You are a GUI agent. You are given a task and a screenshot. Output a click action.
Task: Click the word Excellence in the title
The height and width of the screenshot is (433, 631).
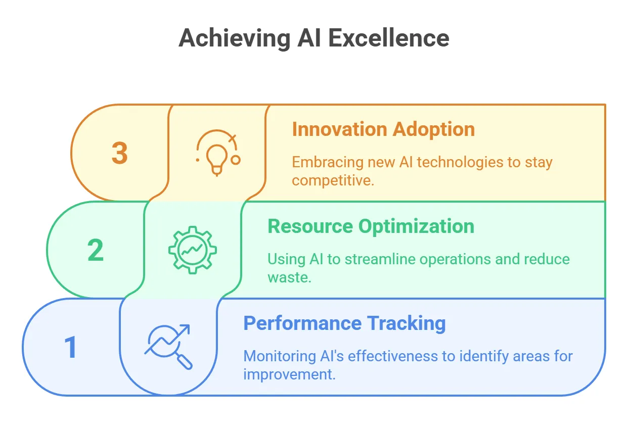coord(389,38)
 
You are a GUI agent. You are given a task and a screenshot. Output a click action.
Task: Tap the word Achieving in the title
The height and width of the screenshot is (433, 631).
coord(235,39)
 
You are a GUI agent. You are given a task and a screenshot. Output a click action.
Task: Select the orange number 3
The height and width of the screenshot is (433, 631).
coord(120,153)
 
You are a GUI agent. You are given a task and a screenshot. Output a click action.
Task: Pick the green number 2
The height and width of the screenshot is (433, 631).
coord(96,250)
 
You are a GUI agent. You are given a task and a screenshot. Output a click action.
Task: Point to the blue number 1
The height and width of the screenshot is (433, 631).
coord(70,347)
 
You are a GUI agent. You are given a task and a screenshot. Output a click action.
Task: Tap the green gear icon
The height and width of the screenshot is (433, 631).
coord(193,250)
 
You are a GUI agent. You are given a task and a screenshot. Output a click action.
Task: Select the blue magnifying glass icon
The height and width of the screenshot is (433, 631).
coord(168,347)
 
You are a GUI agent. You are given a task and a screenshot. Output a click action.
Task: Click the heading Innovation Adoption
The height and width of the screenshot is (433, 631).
coord(383,129)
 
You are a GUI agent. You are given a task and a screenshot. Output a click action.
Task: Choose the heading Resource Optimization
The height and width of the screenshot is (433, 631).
coord(371,226)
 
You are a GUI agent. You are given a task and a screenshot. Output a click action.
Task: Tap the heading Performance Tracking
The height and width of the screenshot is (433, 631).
coord(344,323)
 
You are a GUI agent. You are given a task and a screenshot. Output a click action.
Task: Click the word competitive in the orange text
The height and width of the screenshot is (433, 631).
coord(333,180)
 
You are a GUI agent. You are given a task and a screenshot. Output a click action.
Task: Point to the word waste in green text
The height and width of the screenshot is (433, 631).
coord(289,277)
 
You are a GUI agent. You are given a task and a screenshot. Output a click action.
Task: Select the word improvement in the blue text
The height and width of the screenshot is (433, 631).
coord(289,375)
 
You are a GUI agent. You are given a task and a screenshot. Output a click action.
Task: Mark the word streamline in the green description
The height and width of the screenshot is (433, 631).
coord(380,259)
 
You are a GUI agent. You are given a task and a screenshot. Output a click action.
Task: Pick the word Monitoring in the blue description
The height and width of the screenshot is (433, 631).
coord(280,356)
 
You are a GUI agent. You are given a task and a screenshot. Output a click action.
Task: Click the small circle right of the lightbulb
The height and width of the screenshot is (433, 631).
coord(236,160)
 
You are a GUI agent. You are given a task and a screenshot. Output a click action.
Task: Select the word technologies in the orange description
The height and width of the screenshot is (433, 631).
coord(460,163)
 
